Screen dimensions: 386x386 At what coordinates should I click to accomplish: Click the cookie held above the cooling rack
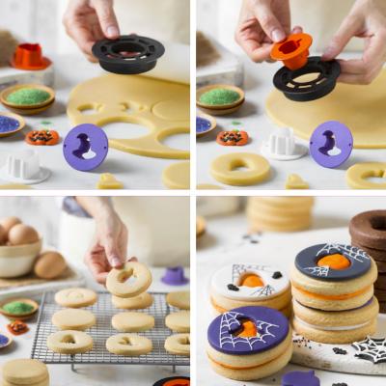128,280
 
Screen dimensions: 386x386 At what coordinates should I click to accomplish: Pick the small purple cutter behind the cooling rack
175,276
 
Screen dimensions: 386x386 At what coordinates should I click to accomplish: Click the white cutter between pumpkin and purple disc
284,144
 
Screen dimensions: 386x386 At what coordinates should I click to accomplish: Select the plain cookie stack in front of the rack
24,372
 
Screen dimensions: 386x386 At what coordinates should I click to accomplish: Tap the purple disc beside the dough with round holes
85,147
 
